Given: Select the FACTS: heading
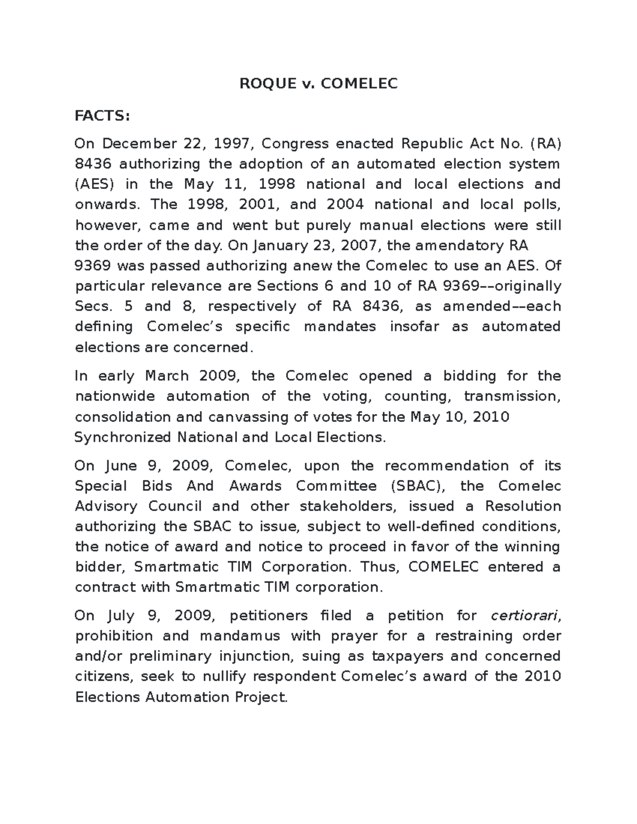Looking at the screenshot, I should (102, 116).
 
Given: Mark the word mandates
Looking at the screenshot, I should (340, 326).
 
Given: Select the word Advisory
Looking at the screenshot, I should (106, 506).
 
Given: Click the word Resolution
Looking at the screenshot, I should (523, 506).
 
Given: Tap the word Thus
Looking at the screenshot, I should (378, 567).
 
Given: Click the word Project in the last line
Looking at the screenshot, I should (261, 697).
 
